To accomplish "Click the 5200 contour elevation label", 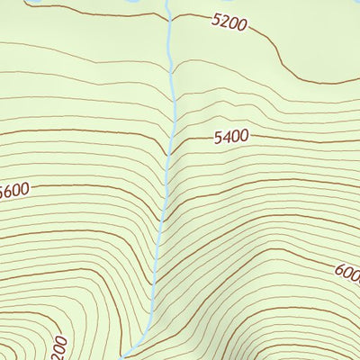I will click(228, 22).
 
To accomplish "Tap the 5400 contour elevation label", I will click(231, 138).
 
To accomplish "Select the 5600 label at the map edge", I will click(14, 190).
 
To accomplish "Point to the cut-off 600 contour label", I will click(347, 272).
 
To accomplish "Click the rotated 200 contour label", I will click(58, 346).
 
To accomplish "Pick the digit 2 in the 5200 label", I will click(221, 21).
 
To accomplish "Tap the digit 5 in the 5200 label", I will click(214, 19).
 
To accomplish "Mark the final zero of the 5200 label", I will click(240, 25).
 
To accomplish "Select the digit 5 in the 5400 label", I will click(219, 139).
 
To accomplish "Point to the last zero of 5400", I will click(244, 137).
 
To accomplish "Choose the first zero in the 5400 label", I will click(235, 138).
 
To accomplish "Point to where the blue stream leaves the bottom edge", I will click(126, 358).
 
